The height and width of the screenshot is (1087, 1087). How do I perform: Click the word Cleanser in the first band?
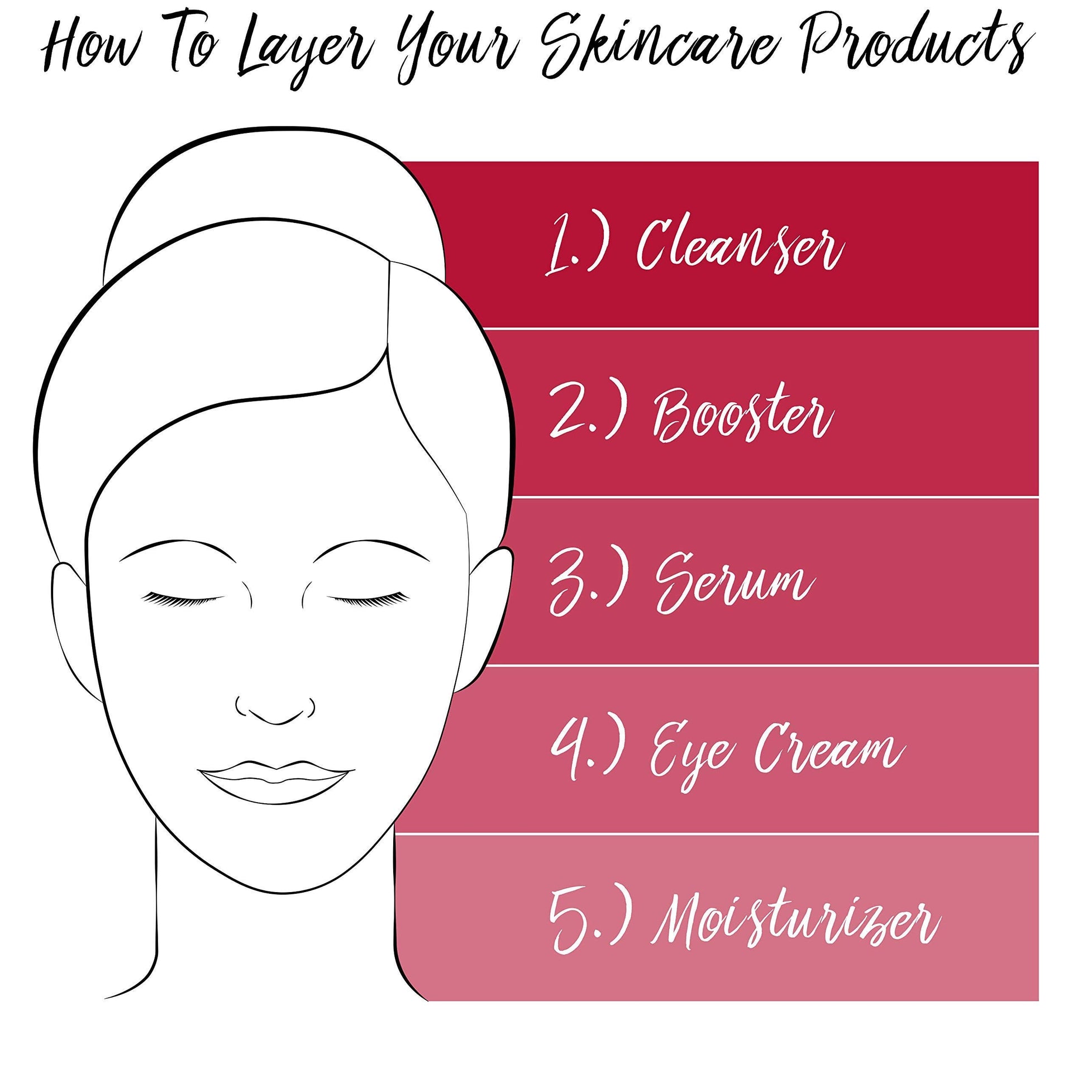pos(741,245)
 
